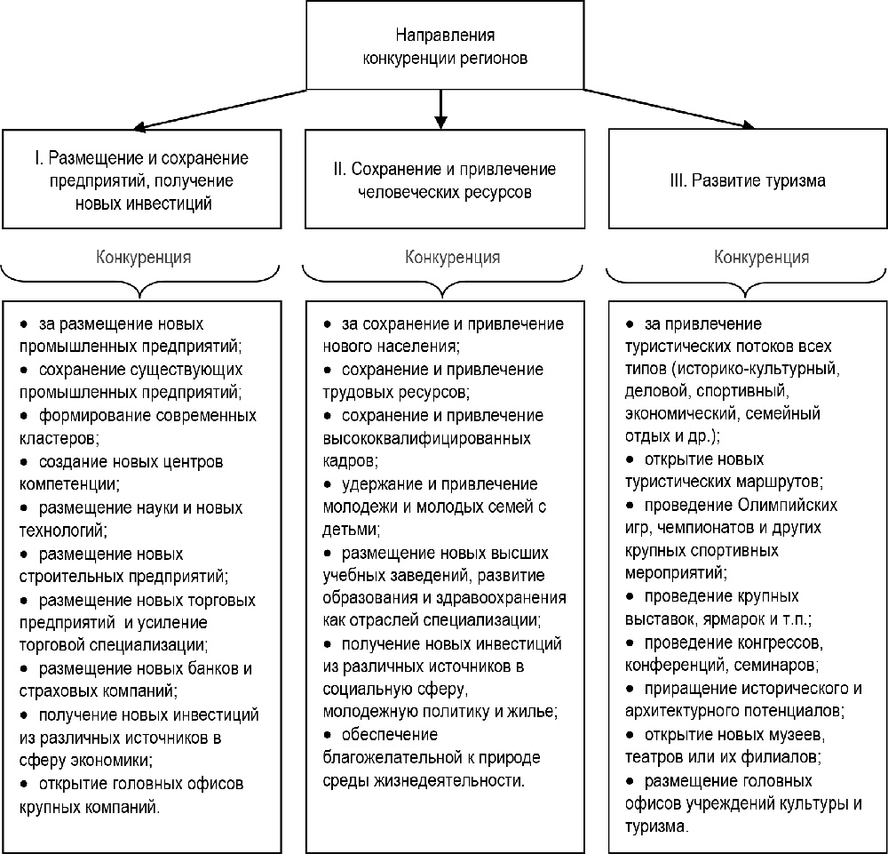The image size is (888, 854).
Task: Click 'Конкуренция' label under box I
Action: coord(143,257)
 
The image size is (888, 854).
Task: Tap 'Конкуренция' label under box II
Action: coord(452,257)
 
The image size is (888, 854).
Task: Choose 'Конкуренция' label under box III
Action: coord(761,257)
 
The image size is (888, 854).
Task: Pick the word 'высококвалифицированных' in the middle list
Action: coord(426,438)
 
